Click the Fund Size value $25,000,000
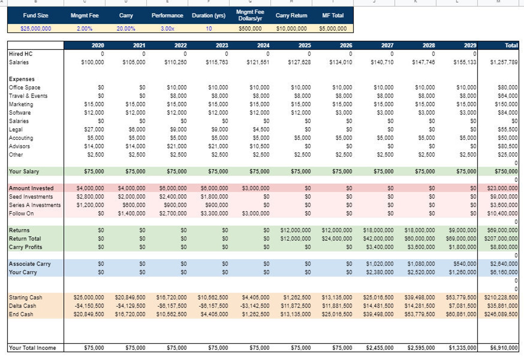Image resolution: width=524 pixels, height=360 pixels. point(36,28)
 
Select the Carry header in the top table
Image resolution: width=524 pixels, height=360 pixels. point(126,16)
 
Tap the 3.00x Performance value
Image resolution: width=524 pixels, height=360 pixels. point(167,28)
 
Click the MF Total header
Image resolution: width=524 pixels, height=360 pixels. point(333,16)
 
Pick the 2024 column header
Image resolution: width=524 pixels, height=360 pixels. point(263,45)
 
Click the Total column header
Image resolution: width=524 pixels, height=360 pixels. point(511,45)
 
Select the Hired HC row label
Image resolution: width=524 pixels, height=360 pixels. point(21,54)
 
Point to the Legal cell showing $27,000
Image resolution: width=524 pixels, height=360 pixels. point(94,129)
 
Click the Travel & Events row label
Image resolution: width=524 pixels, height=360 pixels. point(28,96)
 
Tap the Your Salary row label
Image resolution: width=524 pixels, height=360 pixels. point(24,171)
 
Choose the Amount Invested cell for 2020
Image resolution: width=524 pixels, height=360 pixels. point(90,188)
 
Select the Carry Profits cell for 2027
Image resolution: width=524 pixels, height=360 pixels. point(379,247)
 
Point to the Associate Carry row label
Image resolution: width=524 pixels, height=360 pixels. point(30,264)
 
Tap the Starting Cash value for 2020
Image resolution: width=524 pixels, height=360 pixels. point(88,298)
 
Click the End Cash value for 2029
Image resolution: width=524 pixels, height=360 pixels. point(461,314)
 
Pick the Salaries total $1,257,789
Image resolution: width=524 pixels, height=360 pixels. point(504,62)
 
